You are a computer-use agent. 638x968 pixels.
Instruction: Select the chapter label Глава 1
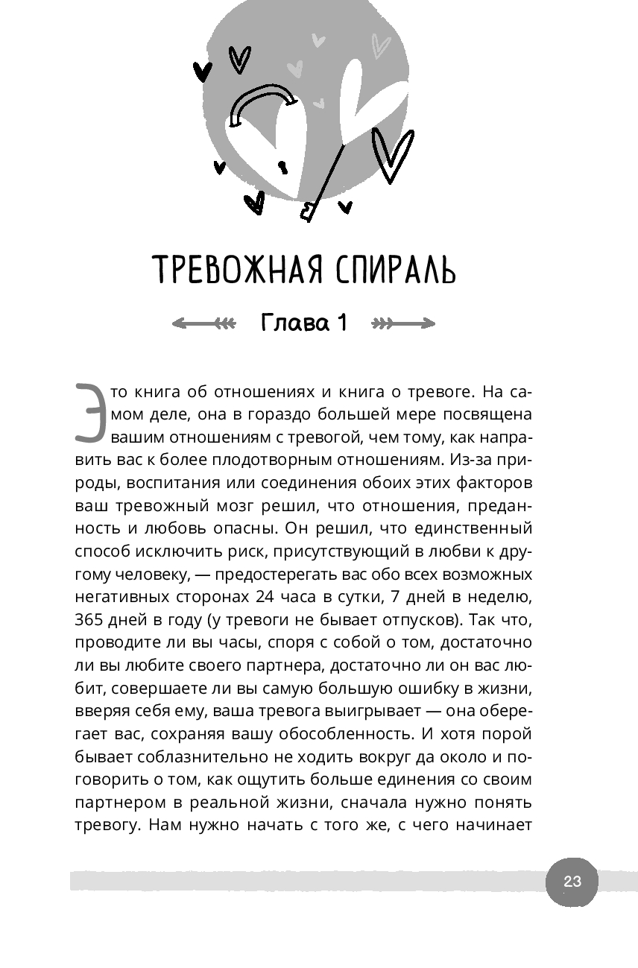point(304,323)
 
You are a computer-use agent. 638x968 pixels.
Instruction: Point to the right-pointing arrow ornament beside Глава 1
point(403,323)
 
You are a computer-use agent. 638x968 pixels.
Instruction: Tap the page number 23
point(572,882)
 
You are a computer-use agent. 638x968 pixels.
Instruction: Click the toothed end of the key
point(307,213)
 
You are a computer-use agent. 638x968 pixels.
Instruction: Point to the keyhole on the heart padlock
point(282,165)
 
